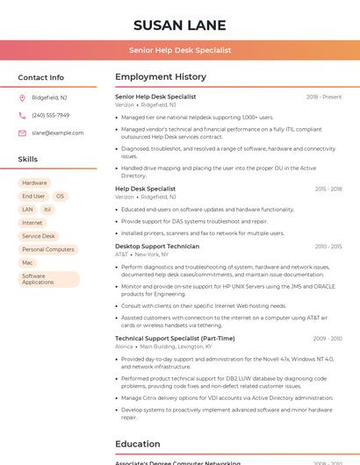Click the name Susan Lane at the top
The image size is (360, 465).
(x=180, y=25)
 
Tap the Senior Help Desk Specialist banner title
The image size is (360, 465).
(x=180, y=50)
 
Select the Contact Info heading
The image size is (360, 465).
(x=41, y=77)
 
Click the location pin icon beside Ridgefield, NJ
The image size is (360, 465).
(x=22, y=97)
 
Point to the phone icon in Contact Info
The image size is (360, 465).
(x=22, y=115)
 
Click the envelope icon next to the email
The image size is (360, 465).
(x=22, y=132)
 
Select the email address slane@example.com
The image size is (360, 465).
(x=58, y=132)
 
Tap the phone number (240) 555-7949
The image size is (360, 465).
(x=50, y=115)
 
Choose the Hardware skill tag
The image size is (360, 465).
(x=35, y=182)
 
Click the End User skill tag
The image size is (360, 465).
(x=33, y=197)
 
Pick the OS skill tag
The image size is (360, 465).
(x=61, y=197)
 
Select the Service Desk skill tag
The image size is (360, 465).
(x=39, y=236)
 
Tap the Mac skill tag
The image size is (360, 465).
(x=27, y=262)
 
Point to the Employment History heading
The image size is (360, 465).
(x=161, y=77)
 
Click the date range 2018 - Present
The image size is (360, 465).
(x=324, y=97)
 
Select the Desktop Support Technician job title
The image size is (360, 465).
(x=157, y=247)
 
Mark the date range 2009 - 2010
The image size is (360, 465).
(x=328, y=338)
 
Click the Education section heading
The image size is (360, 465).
(x=138, y=444)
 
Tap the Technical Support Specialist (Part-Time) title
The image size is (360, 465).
(x=175, y=338)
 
